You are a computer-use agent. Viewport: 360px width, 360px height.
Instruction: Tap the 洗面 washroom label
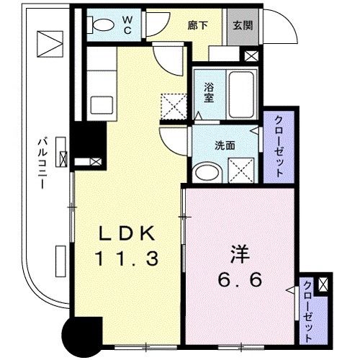click(225, 143)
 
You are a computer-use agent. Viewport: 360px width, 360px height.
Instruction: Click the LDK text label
click(126, 233)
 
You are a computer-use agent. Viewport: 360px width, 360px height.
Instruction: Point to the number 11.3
click(126, 257)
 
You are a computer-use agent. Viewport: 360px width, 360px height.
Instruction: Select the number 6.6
click(240, 281)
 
